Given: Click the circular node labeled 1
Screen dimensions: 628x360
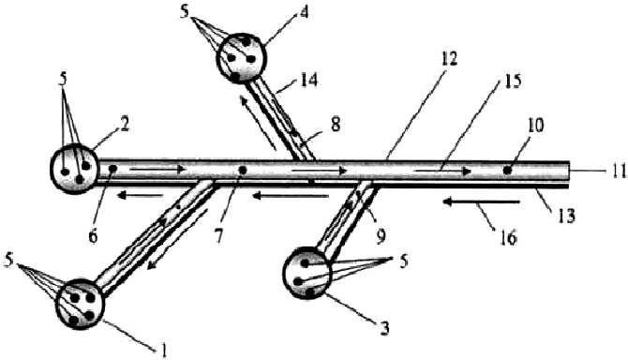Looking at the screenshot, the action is point(80,304).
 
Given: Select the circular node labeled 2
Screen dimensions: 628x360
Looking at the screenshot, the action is point(74,169).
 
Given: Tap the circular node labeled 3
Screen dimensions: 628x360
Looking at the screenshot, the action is point(307,273).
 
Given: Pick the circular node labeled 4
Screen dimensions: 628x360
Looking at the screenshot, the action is point(242,58).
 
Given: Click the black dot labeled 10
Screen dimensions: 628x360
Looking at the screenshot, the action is point(507,171).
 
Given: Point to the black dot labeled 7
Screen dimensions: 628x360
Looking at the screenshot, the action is point(243,171).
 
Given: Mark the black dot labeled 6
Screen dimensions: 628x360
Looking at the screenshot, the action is point(112,169).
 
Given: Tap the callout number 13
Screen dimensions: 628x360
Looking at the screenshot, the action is point(565,216).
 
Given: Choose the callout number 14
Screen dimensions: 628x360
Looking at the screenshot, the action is point(309,80).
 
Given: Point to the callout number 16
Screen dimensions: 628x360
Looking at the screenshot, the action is point(507,238).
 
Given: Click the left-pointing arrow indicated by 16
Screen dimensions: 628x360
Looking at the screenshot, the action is point(482,202).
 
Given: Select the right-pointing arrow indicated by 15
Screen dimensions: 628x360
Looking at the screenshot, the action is point(442,171).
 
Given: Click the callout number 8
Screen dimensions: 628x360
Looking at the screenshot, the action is point(335,125).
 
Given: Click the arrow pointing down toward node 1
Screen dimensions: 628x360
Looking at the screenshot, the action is point(177,239).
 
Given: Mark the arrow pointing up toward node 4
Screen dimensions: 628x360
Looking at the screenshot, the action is point(259,124).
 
